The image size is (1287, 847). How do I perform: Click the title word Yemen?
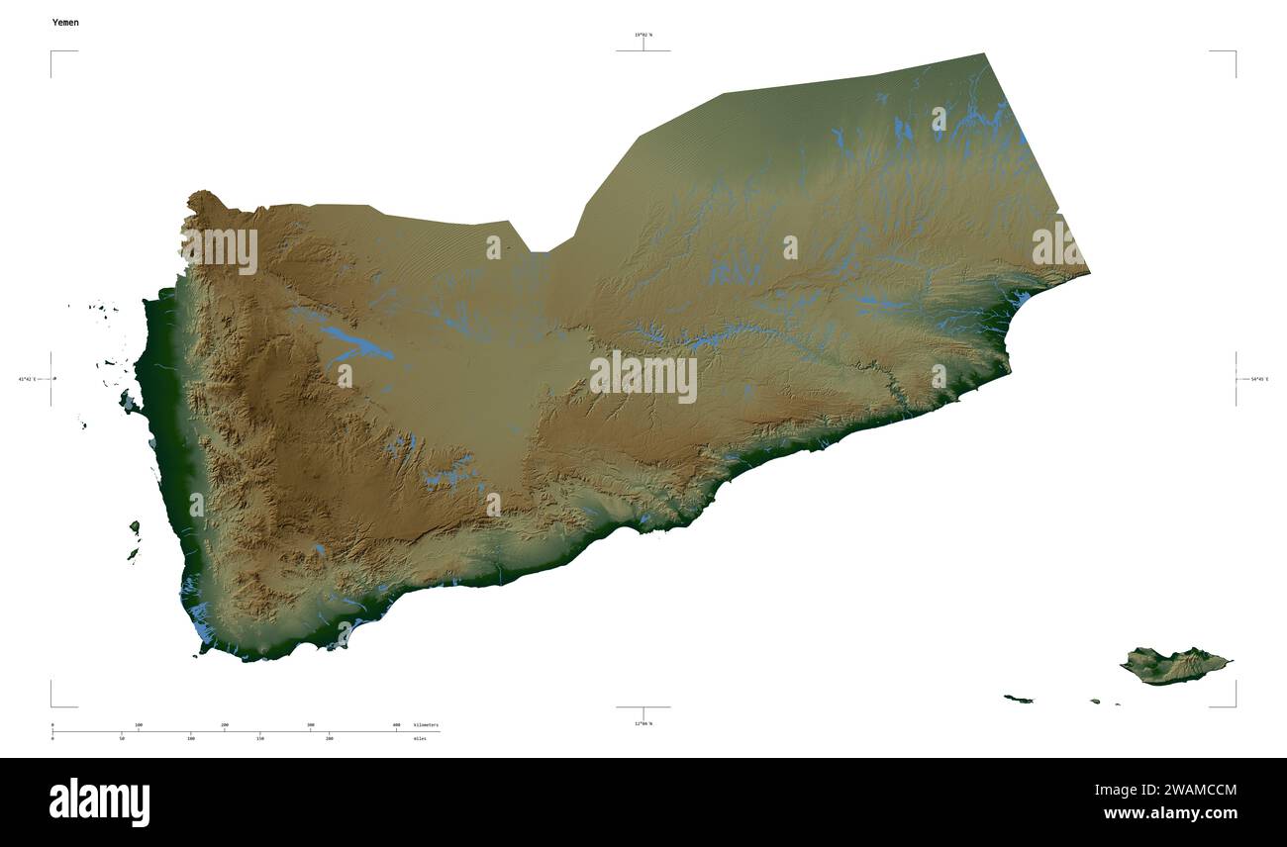click(x=65, y=22)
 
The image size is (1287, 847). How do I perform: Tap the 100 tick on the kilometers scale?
click(x=139, y=725)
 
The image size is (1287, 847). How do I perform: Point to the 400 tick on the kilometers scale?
click(x=397, y=725)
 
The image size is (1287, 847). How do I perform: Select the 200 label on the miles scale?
click(x=330, y=738)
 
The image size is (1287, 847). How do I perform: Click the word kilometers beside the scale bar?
click(x=427, y=725)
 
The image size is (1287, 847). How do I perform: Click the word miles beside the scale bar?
click(x=421, y=738)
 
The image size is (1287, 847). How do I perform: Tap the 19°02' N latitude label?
click(x=643, y=35)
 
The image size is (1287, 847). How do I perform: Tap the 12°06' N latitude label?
click(x=643, y=723)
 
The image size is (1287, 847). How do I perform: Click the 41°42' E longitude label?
click(x=27, y=379)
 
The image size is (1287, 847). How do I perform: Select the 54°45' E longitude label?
click(x=1259, y=379)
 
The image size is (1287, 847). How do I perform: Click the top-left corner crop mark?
click(x=52, y=52)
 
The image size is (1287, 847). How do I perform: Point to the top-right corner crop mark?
click(x=1234, y=52)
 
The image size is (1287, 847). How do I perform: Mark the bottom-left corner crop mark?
click(x=52, y=705)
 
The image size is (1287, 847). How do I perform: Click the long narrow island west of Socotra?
click(x=1018, y=700)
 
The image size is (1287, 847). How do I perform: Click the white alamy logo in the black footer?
click(x=99, y=801)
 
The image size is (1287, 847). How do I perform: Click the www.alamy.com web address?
click(x=1170, y=813)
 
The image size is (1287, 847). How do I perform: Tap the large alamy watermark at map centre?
click(x=643, y=377)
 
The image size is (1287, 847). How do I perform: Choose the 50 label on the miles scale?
click(x=122, y=738)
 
